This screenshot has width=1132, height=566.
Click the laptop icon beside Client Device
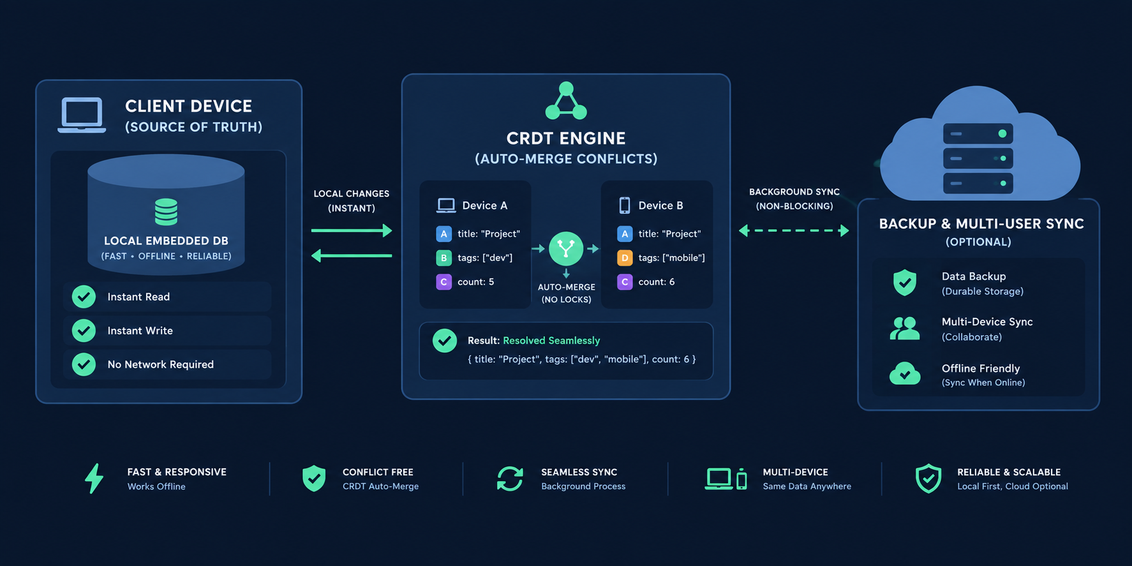pos(82,115)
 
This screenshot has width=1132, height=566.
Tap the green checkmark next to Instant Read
pos(84,297)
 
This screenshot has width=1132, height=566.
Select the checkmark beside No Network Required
pos(84,364)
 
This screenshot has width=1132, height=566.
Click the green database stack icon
pos(166,212)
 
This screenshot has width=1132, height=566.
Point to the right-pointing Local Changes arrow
pos(352,230)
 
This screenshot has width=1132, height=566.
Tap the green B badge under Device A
pos(443,258)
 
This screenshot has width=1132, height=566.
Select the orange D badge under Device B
pos(625,258)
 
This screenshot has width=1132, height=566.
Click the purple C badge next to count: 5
pos(443,282)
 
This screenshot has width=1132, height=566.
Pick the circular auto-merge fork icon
pos(566,248)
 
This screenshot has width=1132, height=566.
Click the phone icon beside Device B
pos(625,205)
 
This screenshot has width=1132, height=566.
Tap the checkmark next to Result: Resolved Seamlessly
pos(445,341)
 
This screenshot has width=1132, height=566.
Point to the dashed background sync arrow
pos(794,230)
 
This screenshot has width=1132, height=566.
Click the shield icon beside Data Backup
pos(905,282)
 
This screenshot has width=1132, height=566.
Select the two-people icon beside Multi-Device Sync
pos(905,328)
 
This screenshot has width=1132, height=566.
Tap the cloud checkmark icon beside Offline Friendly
pos(905,373)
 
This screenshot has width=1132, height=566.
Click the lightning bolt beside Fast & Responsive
pos(94,479)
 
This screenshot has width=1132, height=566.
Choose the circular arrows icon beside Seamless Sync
pos(510,479)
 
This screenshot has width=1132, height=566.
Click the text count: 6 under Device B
pos(657,282)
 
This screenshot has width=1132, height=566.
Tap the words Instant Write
pos(140,331)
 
